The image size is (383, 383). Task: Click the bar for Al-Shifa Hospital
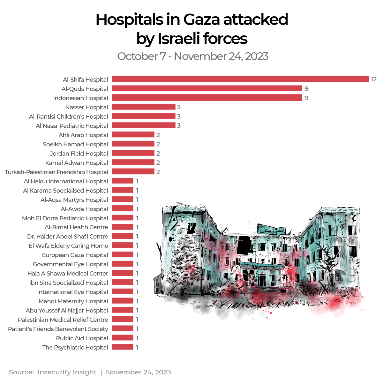pyautogui.click(x=240, y=79)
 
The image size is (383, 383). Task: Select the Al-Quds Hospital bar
pyautogui.click(x=207, y=88)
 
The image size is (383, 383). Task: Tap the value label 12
pyautogui.click(x=374, y=79)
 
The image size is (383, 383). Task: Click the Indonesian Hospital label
pyautogui.click(x=80, y=98)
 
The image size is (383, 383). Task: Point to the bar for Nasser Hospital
pyautogui.click(x=144, y=107)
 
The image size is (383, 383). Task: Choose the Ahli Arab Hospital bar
pyautogui.click(x=133, y=135)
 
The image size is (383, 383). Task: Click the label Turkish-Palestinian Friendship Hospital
pyautogui.click(x=56, y=172)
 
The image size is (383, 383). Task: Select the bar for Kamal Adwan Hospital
pyautogui.click(x=133, y=162)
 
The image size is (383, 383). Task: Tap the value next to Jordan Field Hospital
pyautogui.click(x=158, y=153)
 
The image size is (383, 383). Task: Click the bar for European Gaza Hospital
pyautogui.click(x=123, y=254)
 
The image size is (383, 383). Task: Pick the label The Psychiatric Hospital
pyautogui.click(x=75, y=348)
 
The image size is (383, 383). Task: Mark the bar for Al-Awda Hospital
pyautogui.click(x=123, y=209)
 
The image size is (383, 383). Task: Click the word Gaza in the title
pyautogui.click(x=201, y=20)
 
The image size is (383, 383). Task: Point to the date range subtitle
pyautogui.click(x=192, y=56)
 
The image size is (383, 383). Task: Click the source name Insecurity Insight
pyautogui.click(x=67, y=372)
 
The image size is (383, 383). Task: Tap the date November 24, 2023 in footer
pyautogui.click(x=138, y=372)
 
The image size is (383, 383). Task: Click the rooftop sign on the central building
pyautogui.click(x=271, y=230)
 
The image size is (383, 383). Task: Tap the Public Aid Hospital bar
pyautogui.click(x=123, y=338)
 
